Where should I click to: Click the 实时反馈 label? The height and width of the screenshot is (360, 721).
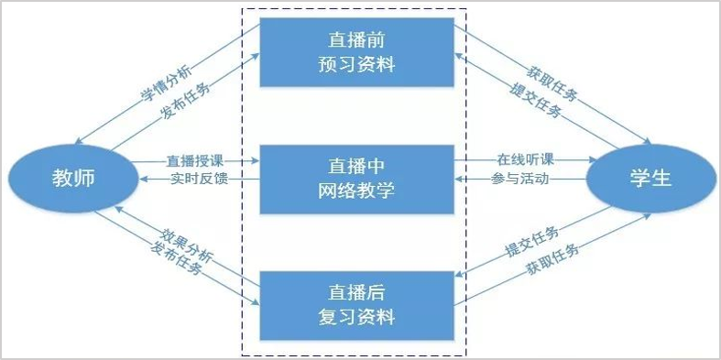click(193, 179)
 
